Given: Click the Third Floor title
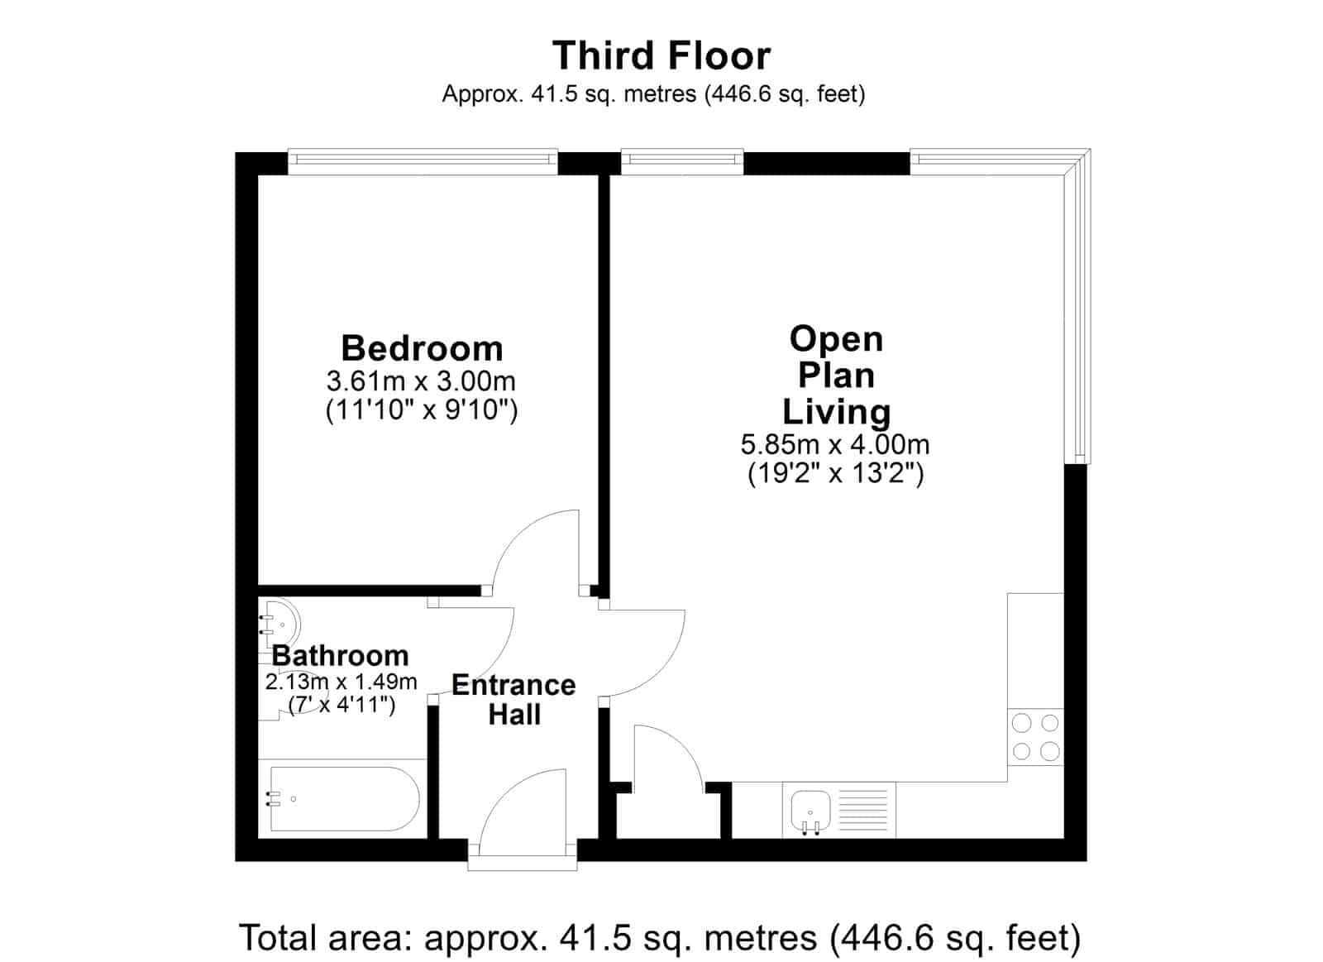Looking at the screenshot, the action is pos(661,55).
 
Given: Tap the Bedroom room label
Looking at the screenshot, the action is pos(422,348).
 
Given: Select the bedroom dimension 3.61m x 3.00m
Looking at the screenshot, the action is pos(421,381).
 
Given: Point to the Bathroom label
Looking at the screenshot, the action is pos(340,656).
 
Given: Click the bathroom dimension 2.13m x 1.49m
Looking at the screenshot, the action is pos(341,682).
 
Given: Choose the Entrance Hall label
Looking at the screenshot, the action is pos(513,700).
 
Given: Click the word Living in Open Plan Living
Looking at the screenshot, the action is pos(836,412).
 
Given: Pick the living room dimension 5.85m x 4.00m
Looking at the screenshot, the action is pos(835,444).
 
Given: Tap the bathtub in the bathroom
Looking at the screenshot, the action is pos(345,798).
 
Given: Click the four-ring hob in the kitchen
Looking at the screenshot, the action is pos(1035,737).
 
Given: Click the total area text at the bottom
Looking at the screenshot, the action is pos(660,937).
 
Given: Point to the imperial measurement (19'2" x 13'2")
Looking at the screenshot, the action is pos(835,473).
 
